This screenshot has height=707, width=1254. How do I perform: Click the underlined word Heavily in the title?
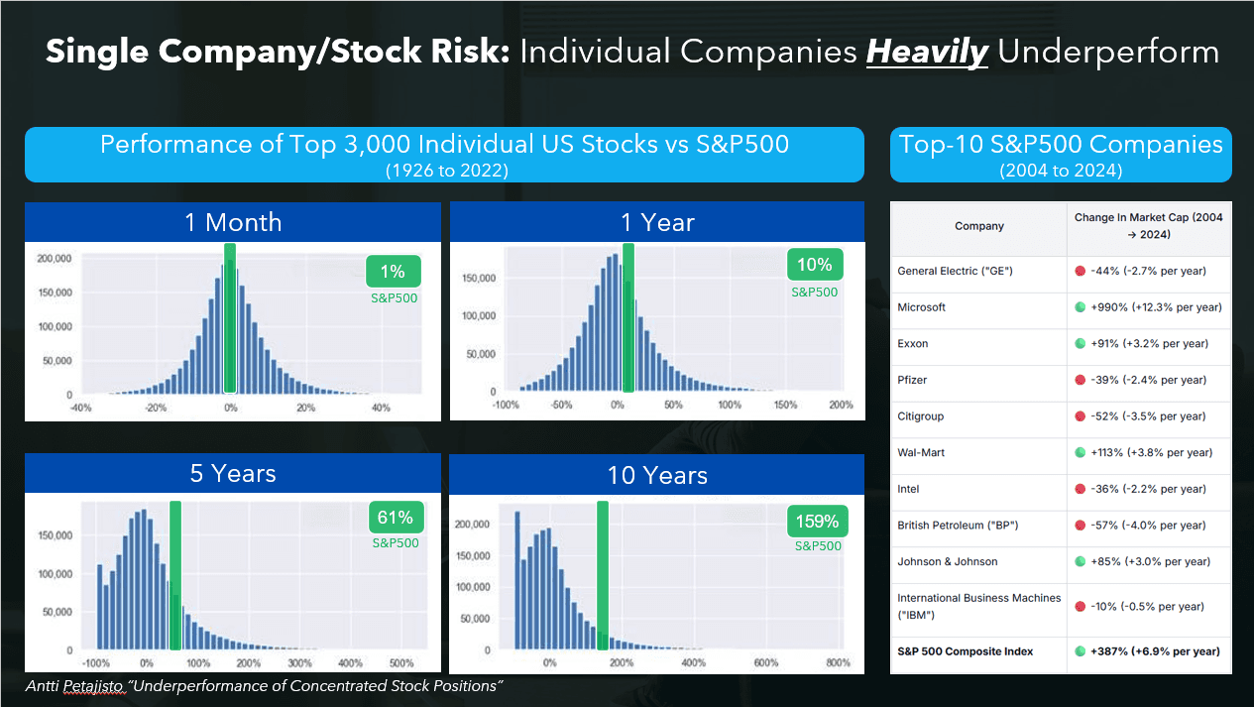point(927,52)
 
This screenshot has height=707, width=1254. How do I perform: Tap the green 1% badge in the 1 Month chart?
point(394,272)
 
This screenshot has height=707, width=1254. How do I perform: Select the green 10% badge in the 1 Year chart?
point(814,265)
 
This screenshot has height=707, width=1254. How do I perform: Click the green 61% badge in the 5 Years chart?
point(396,517)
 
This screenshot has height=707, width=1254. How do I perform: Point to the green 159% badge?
point(817,521)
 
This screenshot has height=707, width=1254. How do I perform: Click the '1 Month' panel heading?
point(233,222)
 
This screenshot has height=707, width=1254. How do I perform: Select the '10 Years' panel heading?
point(657,475)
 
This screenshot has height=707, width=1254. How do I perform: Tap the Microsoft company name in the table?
point(921,307)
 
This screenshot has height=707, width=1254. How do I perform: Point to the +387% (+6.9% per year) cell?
point(1155,651)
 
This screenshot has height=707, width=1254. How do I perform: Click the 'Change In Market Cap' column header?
point(1149,226)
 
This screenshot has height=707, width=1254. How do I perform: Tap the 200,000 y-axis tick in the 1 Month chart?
point(52,258)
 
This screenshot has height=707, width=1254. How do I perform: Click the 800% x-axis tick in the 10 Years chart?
point(838,663)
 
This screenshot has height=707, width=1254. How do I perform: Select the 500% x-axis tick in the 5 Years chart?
point(401,663)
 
